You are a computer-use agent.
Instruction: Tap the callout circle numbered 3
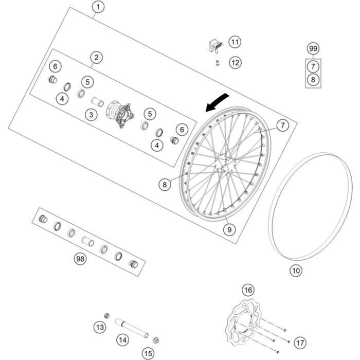(x=92, y=115)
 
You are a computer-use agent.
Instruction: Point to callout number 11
(x=235, y=42)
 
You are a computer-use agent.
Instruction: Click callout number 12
(x=235, y=63)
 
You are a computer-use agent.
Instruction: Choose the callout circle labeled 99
(x=313, y=49)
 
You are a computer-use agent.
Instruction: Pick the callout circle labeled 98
(x=80, y=259)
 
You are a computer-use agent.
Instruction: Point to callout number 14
(x=122, y=339)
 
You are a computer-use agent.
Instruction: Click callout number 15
(x=148, y=353)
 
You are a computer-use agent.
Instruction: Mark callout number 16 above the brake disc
(x=248, y=291)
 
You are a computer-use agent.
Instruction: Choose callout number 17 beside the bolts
(x=300, y=342)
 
